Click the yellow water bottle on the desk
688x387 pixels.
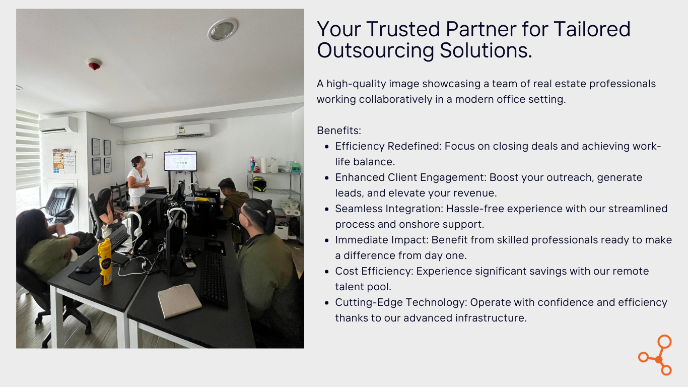(x=105, y=262)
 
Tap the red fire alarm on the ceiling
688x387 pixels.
(x=94, y=64)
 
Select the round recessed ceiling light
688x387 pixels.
(x=223, y=29)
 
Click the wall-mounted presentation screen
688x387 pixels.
(x=180, y=161)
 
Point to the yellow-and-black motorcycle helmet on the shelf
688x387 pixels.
(x=258, y=184)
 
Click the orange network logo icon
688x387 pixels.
(x=655, y=355)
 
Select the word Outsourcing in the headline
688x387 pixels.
(x=376, y=50)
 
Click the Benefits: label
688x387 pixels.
(x=339, y=131)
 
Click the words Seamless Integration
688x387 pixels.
(x=389, y=209)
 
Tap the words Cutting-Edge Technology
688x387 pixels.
(x=400, y=302)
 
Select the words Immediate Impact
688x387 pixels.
(x=381, y=240)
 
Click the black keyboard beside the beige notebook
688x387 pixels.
(x=214, y=278)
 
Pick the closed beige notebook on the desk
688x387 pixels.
(x=180, y=300)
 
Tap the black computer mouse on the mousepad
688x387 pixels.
(x=83, y=269)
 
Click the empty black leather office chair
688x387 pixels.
(x=60, y=205)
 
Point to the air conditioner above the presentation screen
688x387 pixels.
(x=193, y=131)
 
